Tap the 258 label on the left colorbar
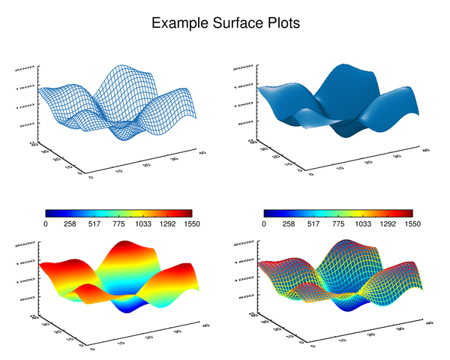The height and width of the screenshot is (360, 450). pos(70,224)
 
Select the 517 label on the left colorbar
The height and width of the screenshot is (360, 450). pos(95,224)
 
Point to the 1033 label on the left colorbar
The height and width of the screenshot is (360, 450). pos(144,224)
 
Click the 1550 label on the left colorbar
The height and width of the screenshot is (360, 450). pos(193,224)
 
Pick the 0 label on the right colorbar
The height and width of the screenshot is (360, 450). pos(265,224)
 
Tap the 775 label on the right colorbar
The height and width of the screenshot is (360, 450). pos(338,224)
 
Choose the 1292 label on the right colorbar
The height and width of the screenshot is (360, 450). pos(387,224)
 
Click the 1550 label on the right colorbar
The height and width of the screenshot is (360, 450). pos(412,224)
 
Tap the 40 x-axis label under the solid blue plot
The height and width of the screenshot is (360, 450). pos(427,151)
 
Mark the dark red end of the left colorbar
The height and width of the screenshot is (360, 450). pos(189,214)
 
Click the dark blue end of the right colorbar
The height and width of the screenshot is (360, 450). pos(268,214)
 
